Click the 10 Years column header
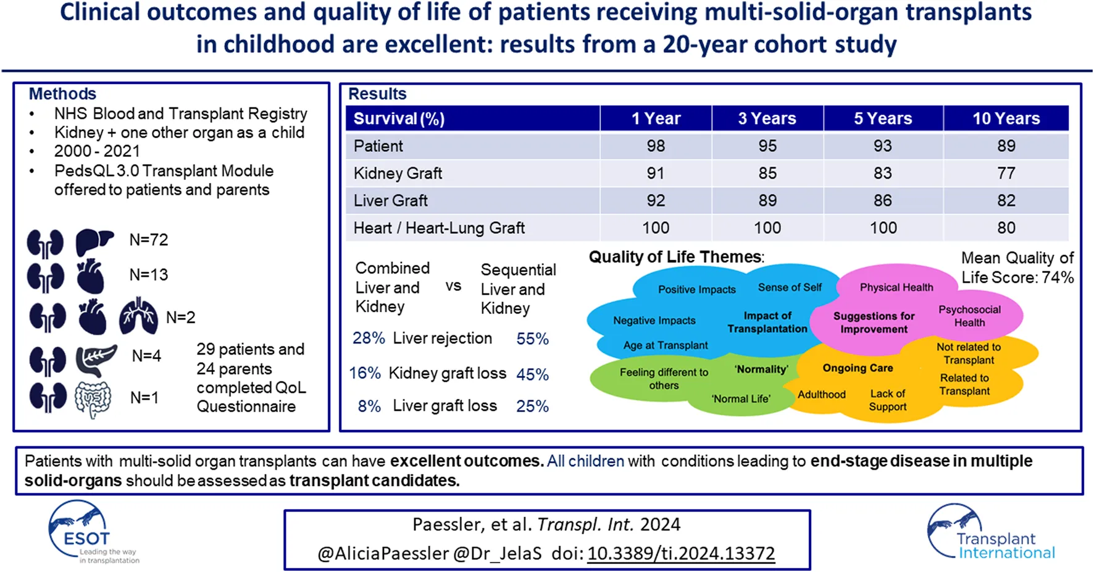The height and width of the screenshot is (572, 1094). [x=1006, y=119]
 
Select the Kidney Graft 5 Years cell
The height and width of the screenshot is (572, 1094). [x=882, y=174]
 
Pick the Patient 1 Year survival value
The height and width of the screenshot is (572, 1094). [x=656, y=146]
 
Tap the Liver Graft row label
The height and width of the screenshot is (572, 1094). [x=390, y=201]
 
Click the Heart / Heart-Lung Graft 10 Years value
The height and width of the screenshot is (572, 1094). [x=1006, y=228]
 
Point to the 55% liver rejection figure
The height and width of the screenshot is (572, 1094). [x=532, y=339]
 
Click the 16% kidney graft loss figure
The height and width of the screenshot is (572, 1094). [x=365, y=374]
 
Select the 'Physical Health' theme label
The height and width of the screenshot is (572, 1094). [x=896, y=287]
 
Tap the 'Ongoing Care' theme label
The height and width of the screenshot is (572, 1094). [x=858, y=368]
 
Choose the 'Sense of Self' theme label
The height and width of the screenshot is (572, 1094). [x=790, y=287]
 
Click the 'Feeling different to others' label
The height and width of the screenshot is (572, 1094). [x=664, y=379]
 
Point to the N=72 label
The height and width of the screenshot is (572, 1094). [x=149, y=240]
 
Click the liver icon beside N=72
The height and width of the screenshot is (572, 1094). [x=94, y=242]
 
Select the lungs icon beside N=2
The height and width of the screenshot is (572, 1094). [x=138, y=316]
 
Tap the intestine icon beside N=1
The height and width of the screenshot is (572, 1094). [x=93, y=399]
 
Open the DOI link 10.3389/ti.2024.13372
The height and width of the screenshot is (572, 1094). [x=680, y=553]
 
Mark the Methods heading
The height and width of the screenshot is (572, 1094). [x=62, y=94]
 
